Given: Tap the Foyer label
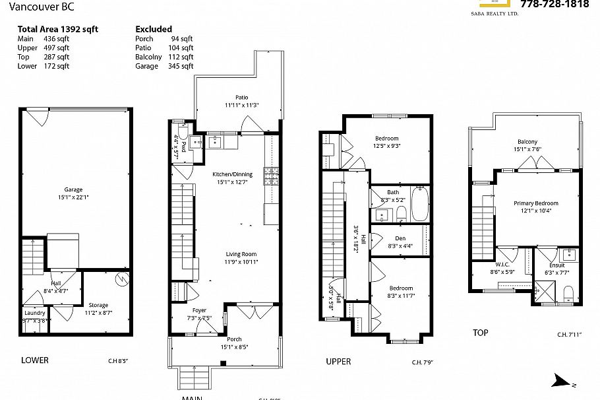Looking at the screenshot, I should tap(198, 310).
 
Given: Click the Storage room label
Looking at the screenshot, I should tap(98, 305).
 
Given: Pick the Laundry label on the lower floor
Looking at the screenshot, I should tap(34, 313).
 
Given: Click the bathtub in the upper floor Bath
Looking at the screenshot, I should tap(419, 204).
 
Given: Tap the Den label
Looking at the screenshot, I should tap(400, 238).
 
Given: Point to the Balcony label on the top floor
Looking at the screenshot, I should tap(527, 142).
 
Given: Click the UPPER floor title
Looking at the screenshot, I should tap(338, 362).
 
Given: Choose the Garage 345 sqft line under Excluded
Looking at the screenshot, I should tap(164, 66).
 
